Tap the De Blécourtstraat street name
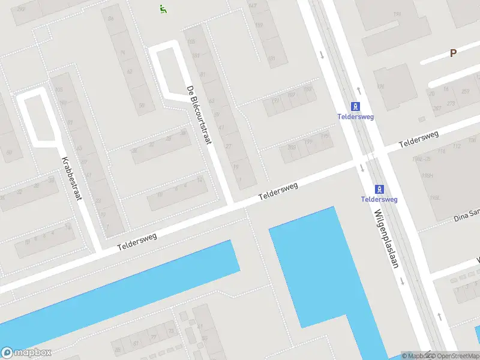pos(200,115)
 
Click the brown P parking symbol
pos(453,53)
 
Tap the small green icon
pos(163,8)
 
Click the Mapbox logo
pos(26,353)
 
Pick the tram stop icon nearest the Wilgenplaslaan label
pos(379,188)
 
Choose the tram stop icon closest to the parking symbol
pos(356,106)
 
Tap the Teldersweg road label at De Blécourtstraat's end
pos(278,192)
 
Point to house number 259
pos(466,91)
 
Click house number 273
pos(451,104)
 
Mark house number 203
pos(292,147)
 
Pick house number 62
pos(129,71)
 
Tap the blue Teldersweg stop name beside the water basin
pos(379,199)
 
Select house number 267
pos(437,108)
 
